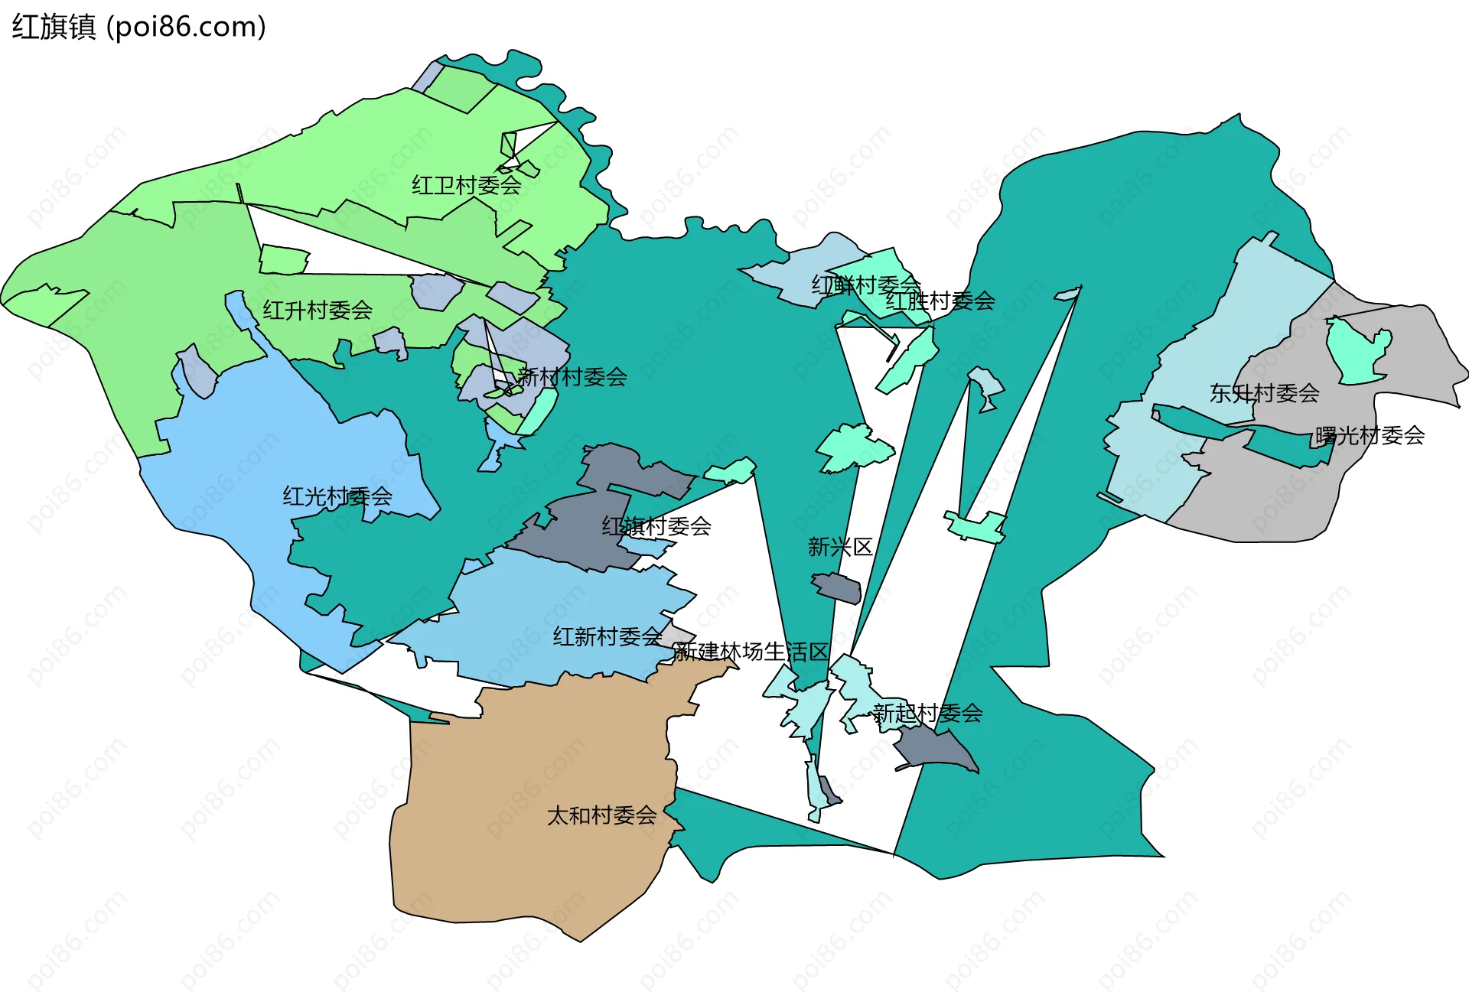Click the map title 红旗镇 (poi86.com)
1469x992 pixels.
coord(138,27)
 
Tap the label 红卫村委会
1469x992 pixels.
coord(466,185)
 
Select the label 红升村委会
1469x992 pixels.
coord(318,310)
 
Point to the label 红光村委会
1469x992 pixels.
coord(337,496)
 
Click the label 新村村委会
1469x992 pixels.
coord(572,376)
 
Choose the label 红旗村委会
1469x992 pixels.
coord(656,526)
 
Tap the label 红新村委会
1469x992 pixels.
coord(607,636)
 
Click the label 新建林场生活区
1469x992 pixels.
coord(751,652)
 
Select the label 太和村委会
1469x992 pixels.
coord(601,815)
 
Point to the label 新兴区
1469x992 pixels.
coord(840,547)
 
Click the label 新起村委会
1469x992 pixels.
coord(927,714)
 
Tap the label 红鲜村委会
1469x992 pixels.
coord(865,285)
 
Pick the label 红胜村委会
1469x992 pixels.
coord(940,301)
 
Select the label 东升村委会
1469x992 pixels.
coord(1264,393)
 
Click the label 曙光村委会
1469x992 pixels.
coord(1370,435)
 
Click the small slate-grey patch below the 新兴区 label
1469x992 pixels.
coord(838,588)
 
